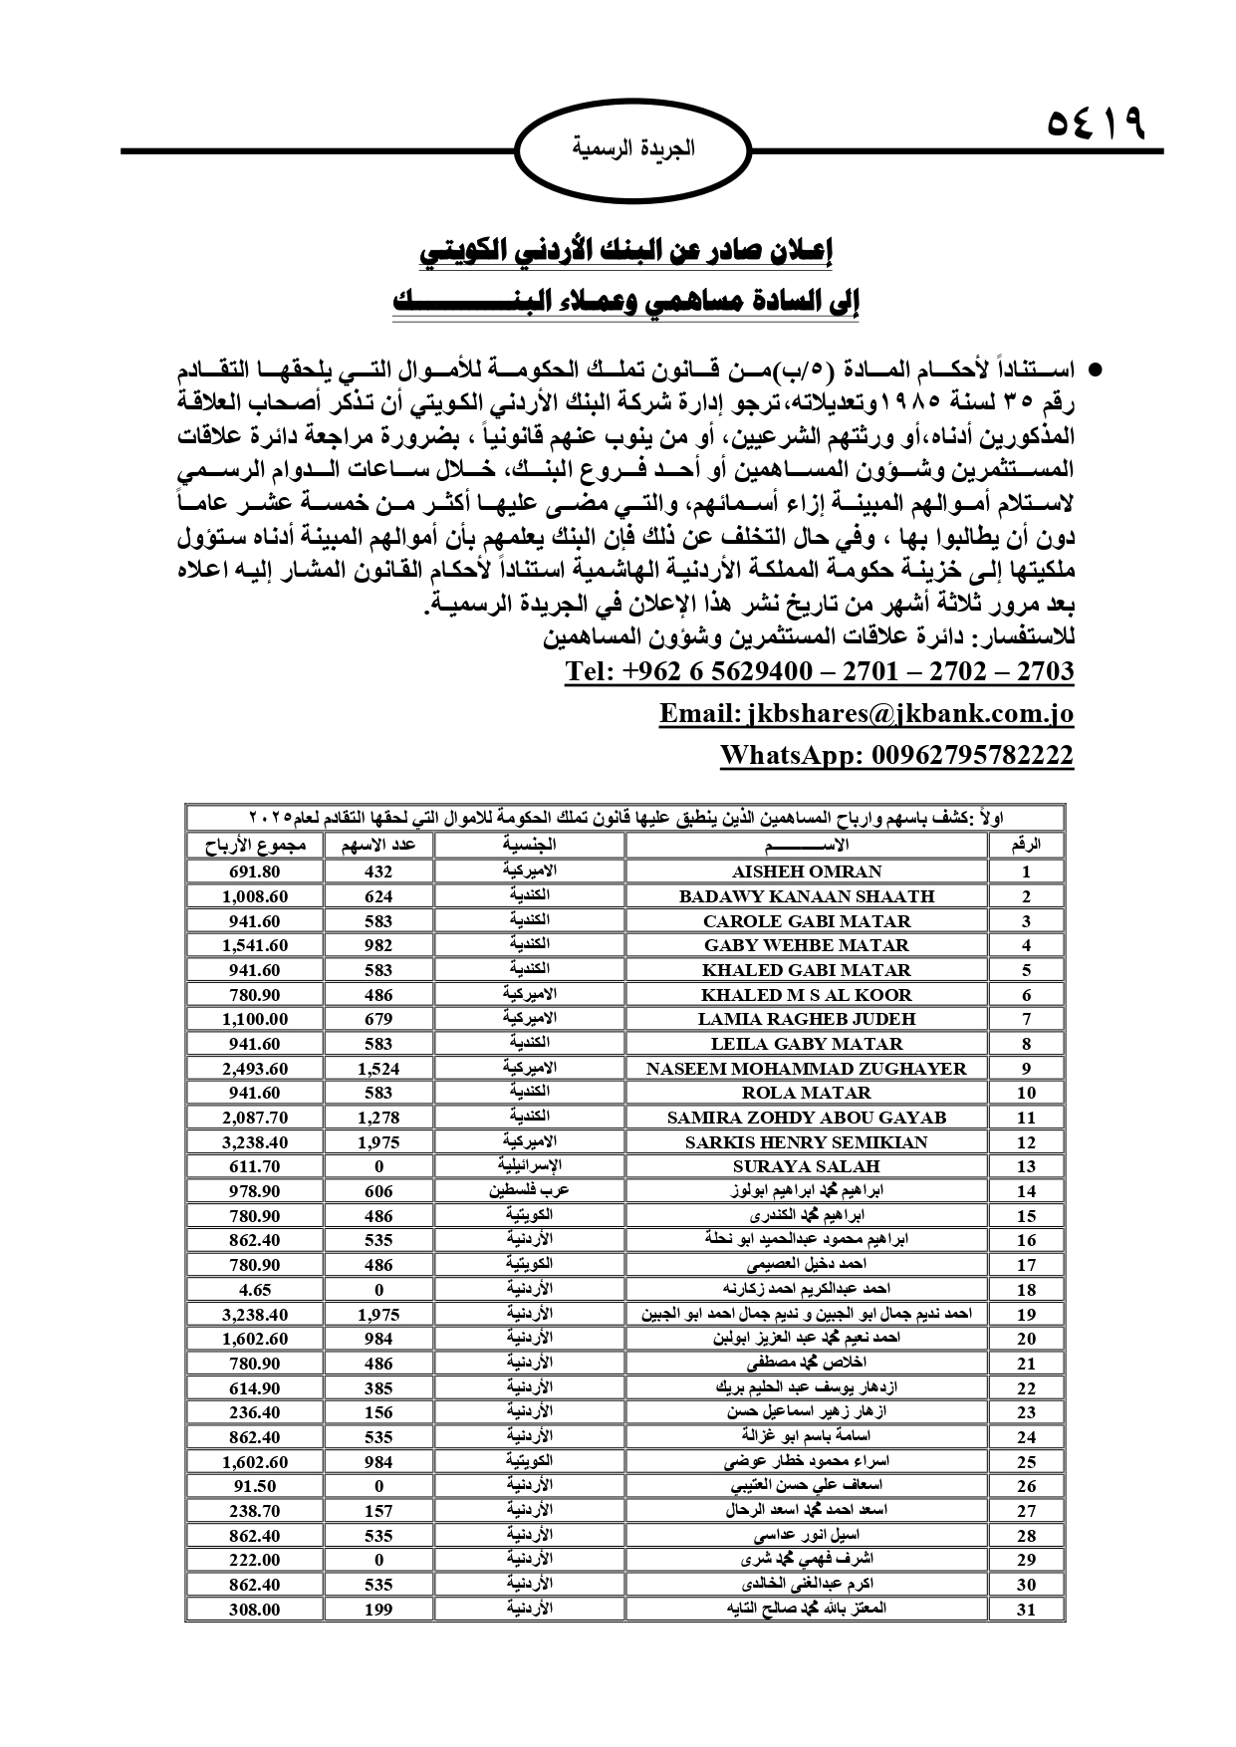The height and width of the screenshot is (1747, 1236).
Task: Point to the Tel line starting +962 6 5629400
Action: coord(819,671)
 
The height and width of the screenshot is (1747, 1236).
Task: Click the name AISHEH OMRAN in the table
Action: coord(806,872)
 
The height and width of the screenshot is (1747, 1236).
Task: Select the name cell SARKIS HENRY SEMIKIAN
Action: coord(806,1142)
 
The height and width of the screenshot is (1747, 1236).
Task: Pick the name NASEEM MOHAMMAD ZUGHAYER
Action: coord(806,1069)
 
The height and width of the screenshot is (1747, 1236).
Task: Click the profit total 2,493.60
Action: coord(255,1069)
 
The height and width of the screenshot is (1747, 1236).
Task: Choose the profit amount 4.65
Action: coord(255,1290)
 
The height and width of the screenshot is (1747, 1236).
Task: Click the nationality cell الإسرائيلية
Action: coord(529,1165)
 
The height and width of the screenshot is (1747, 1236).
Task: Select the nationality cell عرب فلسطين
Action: coord(529,1190)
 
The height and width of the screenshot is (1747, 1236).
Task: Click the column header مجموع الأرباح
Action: coord(255,846)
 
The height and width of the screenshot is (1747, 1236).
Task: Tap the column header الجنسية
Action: coord(529,846)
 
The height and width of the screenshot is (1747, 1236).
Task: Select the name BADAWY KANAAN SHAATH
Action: coord(806,896)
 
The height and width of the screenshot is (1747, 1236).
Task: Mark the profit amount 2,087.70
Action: coord(255,1118)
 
